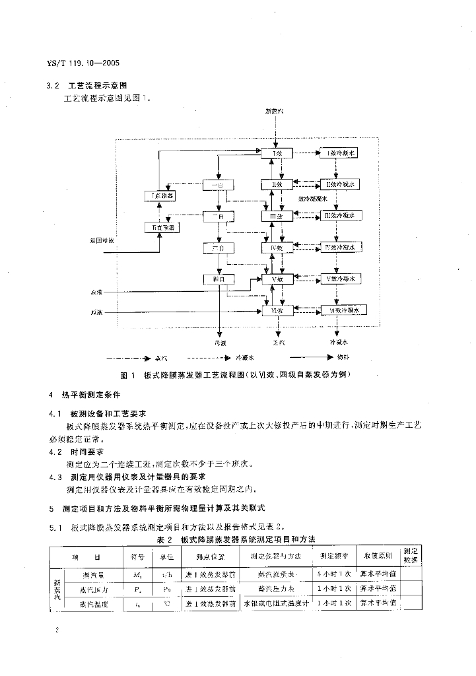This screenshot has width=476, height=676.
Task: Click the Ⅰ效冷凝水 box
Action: (x=340, y=153)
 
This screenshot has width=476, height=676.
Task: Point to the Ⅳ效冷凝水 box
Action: (x=340, y=248)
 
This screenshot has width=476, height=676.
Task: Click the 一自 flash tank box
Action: (x=219, y=185)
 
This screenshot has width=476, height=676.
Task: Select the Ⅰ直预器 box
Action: (x=162, y=196)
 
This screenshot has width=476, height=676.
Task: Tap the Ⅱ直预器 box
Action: (x=162, y=227)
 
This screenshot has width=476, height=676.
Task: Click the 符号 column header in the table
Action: (x=137, y=557)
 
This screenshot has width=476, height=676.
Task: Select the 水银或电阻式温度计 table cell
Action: (x=275, y=603)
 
